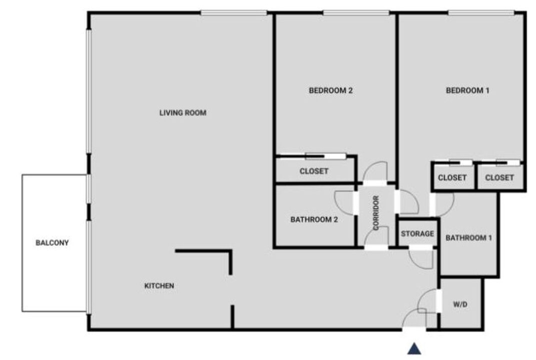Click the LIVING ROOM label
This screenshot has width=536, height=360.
pos(183,112)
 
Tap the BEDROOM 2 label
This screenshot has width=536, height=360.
pos(330,90)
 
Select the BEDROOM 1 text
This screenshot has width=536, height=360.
pos(467,90)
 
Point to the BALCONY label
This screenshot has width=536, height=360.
pos(52,243)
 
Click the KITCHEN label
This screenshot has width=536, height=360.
pos(159,286)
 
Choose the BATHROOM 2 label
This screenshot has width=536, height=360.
pos(314,219)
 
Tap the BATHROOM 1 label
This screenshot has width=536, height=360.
pos(468,237)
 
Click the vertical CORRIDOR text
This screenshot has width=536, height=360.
pos(376,212)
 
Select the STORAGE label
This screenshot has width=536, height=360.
pos(417,233)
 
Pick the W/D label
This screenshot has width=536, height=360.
pos(460,304)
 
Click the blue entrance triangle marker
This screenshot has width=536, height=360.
pos(414,348)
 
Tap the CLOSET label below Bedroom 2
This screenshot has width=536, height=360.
pos(314,171)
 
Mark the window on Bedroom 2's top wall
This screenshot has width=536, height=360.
pos(356,13)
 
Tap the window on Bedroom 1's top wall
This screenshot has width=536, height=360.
pos(481,13)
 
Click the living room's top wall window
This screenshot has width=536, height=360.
pos(234,13)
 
